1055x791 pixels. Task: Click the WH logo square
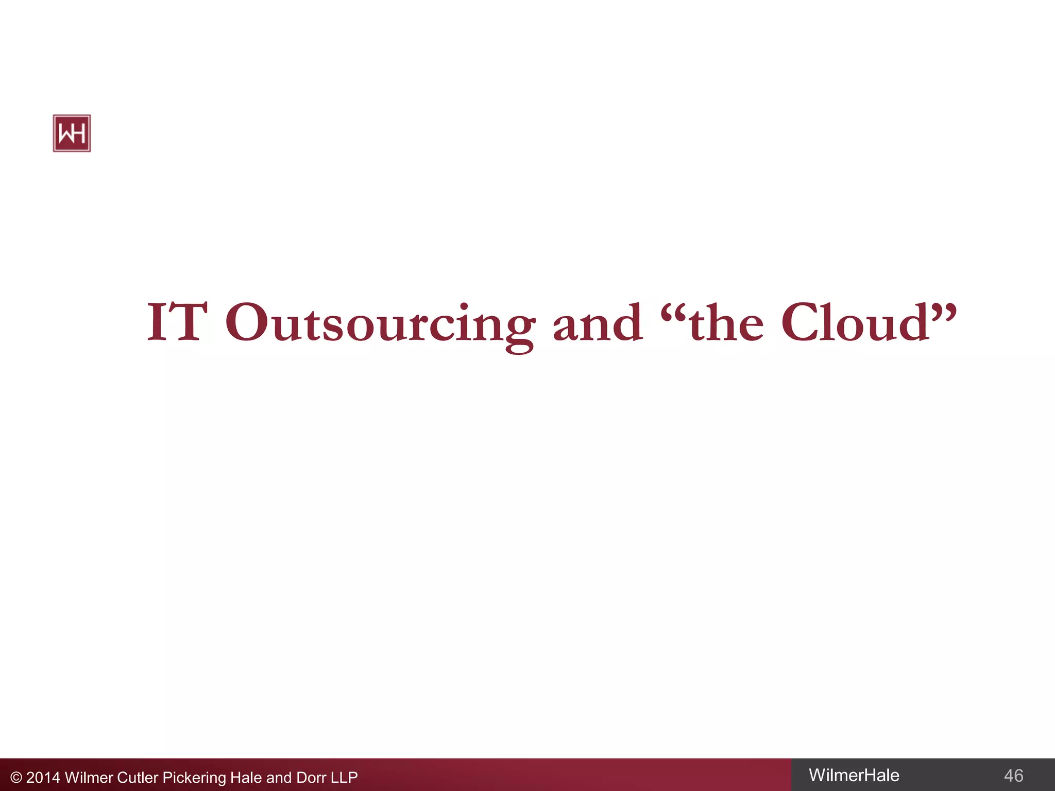72,133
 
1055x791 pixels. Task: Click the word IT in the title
177,322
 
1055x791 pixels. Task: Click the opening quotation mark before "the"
674,311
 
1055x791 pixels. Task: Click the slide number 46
1013,776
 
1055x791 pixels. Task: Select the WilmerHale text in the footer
854,775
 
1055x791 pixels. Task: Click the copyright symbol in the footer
16,778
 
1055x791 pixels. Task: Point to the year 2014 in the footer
43,778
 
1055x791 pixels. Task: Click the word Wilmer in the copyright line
89,778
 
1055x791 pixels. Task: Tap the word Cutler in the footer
138,778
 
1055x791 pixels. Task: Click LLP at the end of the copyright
344,778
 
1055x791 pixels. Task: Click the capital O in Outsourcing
246,322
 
